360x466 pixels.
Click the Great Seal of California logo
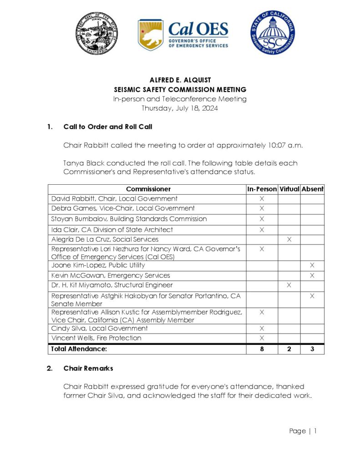(x=97, y=34)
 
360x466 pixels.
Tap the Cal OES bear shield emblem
(x=150, y=35)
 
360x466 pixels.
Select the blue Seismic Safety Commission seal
(x=272, y=33)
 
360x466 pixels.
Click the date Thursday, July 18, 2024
(x=180, y=108)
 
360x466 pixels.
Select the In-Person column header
(x=262, y=189)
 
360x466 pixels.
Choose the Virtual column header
(x=289, y=189)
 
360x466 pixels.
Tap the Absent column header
(x=312, y=189)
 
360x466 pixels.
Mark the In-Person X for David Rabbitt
(x=262, y=199)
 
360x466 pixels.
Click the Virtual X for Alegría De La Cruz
(x=289, y=239)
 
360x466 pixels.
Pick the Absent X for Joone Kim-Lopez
(x=312, y=265)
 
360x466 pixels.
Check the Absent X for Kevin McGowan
(x=312, y=275)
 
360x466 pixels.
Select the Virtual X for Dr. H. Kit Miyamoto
(x=289, y=285)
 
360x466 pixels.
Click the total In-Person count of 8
(x=262, y=349)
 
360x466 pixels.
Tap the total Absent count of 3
(x=312, y=349)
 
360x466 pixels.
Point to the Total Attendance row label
(x=79, y=349)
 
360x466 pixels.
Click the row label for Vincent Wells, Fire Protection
(x=96, y=338)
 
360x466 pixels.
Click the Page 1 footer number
(x=314, y=431)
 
